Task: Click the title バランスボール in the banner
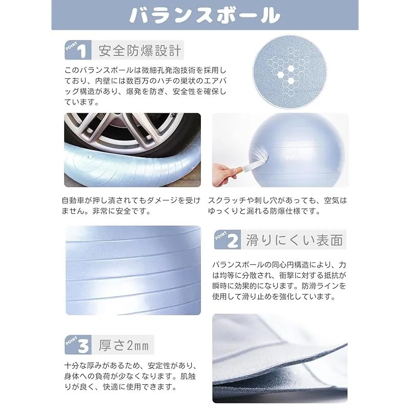click(204, 15)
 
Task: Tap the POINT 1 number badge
click(78, 50)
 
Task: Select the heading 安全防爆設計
click(139, 50)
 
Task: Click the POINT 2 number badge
click(227, 239)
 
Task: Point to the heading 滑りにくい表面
click(294, 240)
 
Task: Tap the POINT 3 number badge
click(78, 344)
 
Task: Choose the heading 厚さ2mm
click(124, 345)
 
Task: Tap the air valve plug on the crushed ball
click(90, 157)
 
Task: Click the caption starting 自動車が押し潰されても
click(131, 206)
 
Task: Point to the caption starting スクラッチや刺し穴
click(277, 206)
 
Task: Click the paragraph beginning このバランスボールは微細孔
click(146, 86)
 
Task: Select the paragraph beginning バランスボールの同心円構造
click(279, 280)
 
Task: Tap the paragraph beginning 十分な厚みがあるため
click(130, 376)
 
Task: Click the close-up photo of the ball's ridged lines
click(133, 270)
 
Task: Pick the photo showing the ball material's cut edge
click(280, 358)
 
